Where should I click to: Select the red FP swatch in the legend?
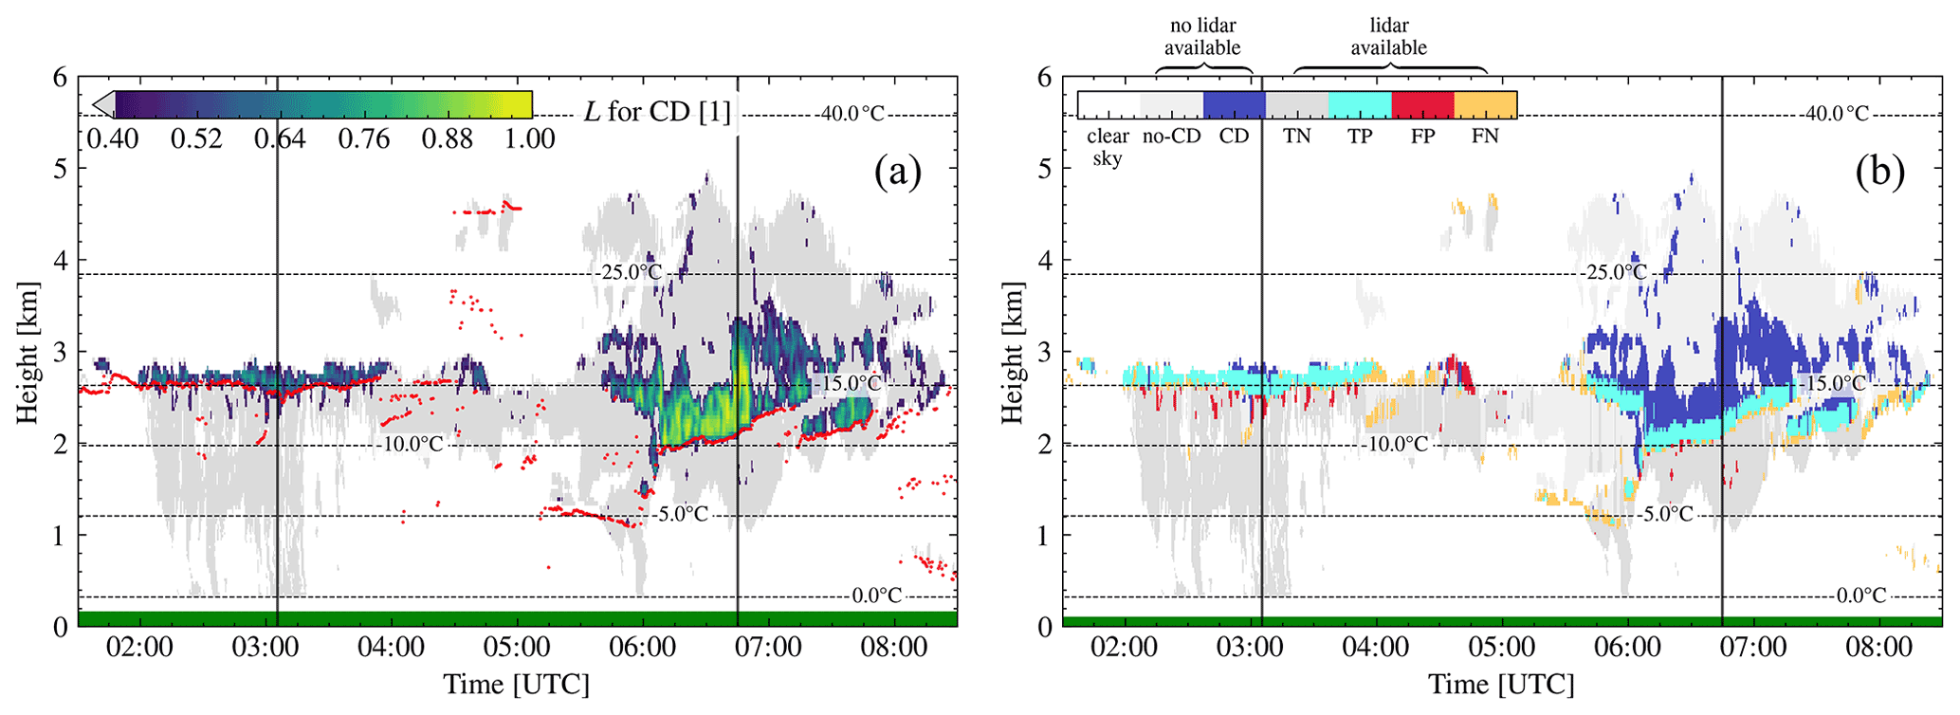coord(1421,105)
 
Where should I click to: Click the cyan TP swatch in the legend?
coord(1359,105)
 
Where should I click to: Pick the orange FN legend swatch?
coord(1485,105)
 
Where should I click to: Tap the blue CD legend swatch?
coord(1234,105)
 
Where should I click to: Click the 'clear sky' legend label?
coord(1108,147)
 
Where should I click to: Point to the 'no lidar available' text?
coord(1202,37)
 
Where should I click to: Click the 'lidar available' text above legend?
coord(1389,37)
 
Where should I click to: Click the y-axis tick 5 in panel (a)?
coord(60,169)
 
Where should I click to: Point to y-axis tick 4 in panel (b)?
coord(1045,261)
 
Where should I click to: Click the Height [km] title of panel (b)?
coord(1013,353)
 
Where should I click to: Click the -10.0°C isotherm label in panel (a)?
coord(412,444)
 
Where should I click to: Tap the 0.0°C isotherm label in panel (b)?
coord(1861,596)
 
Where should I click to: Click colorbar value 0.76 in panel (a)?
coord(364,140)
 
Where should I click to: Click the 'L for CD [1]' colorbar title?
coord(657,113)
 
